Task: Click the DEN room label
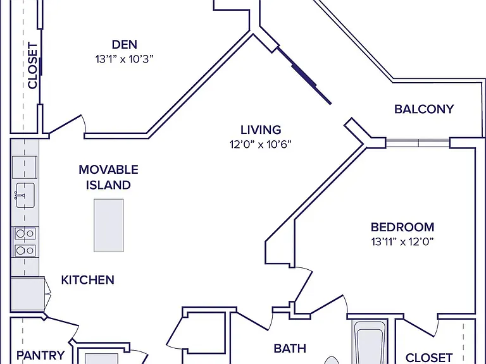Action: (x=124, y=45)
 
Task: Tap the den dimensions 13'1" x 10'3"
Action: (x=124, y=59)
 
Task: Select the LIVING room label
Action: (x=261, y=130)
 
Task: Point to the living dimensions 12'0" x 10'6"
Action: (x=261, y=144)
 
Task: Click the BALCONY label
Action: (x=424, y=109)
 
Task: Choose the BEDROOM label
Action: (x=402, y=227)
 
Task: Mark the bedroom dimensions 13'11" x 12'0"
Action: (x=402, y=241)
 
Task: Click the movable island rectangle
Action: (x=109, y=226)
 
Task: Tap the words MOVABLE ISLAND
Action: (x=108, y=178)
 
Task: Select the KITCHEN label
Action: (x=88, y=280)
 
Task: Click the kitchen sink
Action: (x=25, y=195)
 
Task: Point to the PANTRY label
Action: (x=40, y=355)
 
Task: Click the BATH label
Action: (x=290, y=349)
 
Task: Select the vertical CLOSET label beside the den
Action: (x=32, y=66)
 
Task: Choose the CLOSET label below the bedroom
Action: (x=429, y=358)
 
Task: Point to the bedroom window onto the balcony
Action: (x=418, y=143)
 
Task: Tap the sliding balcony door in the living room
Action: (x=304, y=76)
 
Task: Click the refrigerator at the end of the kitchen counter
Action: (x=28, y=294)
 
